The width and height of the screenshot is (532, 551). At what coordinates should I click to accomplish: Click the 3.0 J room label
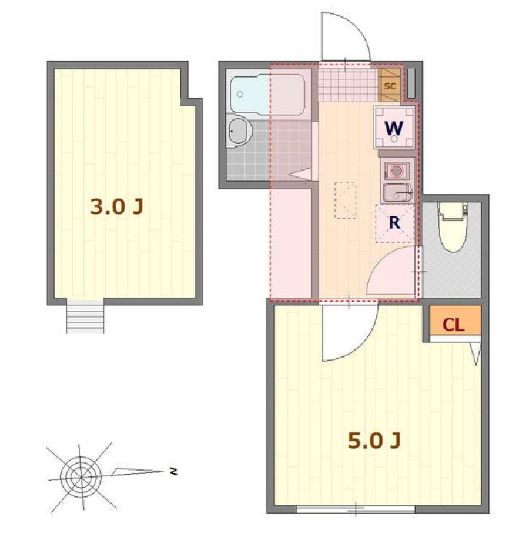[117, 207]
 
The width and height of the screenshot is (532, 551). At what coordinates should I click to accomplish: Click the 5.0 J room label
[374, 441]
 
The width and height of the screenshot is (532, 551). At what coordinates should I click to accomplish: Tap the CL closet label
[453, 325]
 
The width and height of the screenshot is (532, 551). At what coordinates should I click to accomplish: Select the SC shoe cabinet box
[390, 85]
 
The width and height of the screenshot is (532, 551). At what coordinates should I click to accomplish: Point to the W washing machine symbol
[394, 128]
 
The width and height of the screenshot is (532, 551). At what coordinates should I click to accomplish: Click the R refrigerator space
[395, 223]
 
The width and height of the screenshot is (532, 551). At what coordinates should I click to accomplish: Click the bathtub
[267, 94]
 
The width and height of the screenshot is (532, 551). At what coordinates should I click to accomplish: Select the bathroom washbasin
[240, 133]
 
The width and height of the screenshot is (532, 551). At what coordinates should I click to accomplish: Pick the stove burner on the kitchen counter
[397, 171]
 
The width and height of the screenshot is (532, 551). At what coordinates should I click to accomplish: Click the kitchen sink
[397, 193]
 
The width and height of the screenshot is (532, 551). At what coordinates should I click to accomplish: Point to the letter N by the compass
[173, 471]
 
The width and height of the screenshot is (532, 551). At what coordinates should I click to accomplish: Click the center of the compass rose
[81, 477]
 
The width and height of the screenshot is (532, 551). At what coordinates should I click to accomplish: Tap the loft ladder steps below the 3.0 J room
[85, 317]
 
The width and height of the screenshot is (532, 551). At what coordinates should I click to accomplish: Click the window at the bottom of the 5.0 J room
[356, 508]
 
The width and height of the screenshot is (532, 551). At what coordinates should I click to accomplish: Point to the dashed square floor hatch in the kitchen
[345, 200]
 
